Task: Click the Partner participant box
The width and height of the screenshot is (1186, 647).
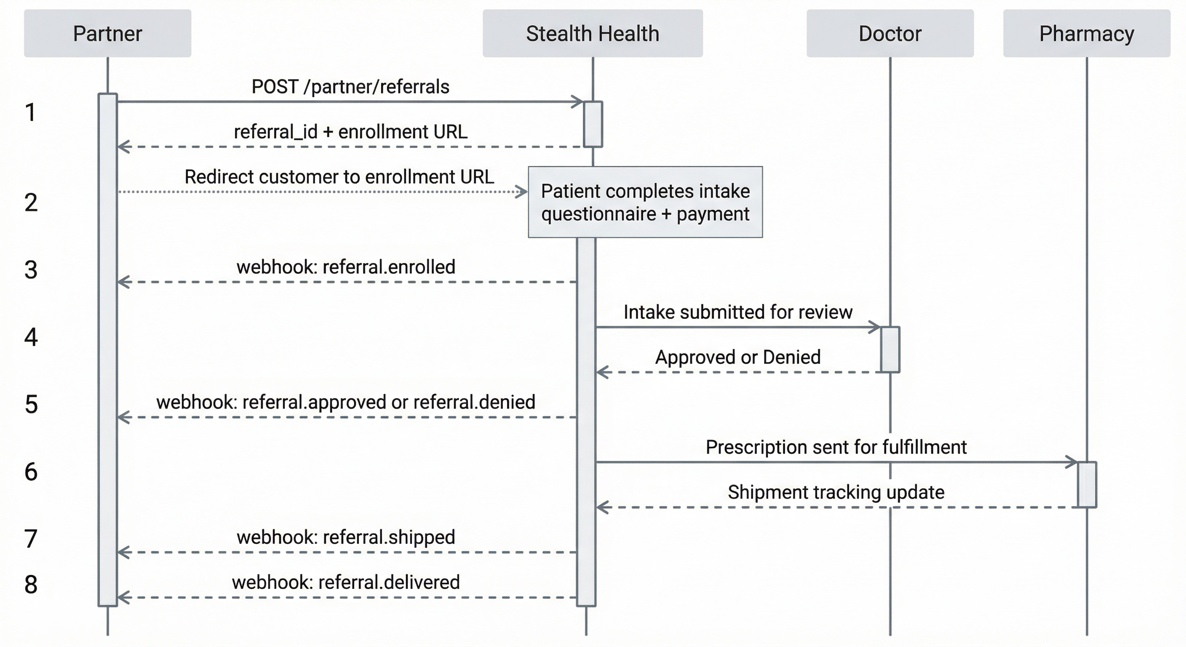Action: click(107, 34)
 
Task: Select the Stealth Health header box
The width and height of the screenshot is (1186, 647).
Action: click(593, 34)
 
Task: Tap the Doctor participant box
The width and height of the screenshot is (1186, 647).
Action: click(889, 34)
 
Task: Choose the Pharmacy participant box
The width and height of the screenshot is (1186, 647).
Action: click(1087, 34)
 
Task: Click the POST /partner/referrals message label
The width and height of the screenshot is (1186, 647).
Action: click(350, 87)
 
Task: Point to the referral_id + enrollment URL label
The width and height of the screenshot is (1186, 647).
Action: click(350, 132)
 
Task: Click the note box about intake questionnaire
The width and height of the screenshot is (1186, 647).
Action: click(645, 202)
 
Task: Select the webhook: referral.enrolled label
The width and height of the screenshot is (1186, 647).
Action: click(346, 267)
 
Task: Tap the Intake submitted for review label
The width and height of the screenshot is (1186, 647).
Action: click(737, 312)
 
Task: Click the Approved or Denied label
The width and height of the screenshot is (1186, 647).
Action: click(737, 357)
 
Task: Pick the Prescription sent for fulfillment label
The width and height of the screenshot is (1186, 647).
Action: click(836, 446)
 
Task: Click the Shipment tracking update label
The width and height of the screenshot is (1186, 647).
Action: click(836, 492)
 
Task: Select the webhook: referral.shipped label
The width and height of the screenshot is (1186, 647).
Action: click(346, 537)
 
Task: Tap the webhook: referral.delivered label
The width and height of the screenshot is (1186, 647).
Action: click(346, 582)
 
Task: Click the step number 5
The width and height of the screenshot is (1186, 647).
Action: click(31, 404)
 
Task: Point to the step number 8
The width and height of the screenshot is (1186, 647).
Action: click(31, 584)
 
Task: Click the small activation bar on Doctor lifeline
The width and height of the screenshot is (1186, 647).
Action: click(889, 350)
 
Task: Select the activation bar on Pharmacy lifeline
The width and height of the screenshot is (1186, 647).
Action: click(1087, 484)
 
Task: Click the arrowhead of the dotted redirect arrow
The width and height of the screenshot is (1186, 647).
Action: click(523, 192)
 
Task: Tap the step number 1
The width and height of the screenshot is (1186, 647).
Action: click(31, 112)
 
